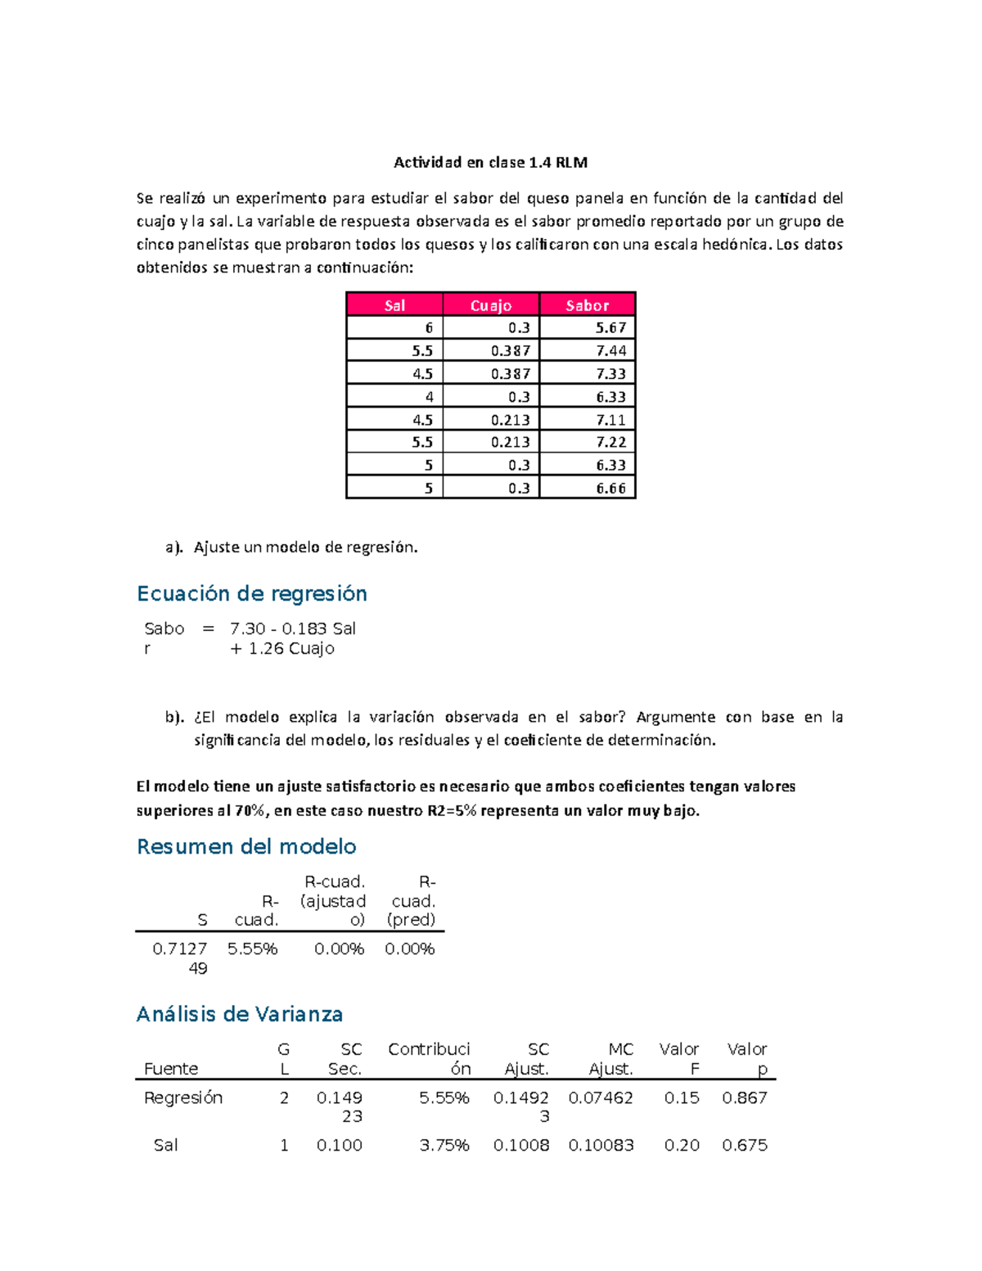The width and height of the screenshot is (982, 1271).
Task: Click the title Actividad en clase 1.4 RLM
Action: click(490, 162)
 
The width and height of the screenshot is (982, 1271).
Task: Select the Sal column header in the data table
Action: click(394, 305)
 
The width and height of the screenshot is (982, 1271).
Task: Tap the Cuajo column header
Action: click(491, 305)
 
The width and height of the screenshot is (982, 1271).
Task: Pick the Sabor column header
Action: click(588, 305)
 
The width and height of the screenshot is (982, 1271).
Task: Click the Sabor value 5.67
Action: click(610, 327)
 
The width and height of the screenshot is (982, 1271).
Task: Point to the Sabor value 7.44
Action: click(610, 350)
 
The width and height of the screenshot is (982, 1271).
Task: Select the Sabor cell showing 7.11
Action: click(610, 420)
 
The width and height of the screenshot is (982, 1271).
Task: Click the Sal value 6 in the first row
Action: click(429, 327)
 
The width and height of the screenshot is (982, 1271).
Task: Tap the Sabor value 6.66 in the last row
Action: click(610, 489)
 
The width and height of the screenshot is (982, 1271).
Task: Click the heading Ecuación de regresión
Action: click(251, 593)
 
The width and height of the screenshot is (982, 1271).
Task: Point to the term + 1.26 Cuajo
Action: click(282, 648)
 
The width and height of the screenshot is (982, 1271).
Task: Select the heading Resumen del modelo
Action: click(246, 846)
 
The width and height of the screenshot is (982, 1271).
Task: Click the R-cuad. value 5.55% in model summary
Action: click(252, 949)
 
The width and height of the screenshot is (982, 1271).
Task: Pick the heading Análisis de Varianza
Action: click(239, 1014)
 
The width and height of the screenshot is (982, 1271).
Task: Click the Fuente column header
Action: click(171, 1069)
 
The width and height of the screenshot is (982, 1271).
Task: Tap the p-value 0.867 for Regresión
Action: click(744, 1097)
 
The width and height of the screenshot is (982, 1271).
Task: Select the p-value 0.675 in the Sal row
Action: click(744, 1145)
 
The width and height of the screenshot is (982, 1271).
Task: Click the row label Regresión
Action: click(183, 1097)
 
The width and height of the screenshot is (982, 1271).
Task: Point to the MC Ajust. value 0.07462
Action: click(601, 1097)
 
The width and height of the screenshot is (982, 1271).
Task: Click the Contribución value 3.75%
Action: click(444, 1145)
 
